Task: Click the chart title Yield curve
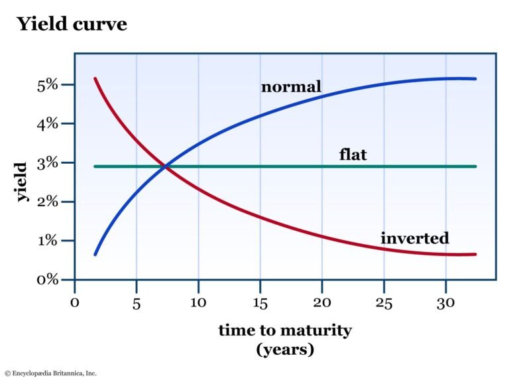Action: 72,25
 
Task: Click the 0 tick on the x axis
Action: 75,303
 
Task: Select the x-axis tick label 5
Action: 136,303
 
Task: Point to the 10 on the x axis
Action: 198,303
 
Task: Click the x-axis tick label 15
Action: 260,303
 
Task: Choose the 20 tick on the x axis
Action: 322,303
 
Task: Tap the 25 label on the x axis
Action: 384,303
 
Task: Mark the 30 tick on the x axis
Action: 445,303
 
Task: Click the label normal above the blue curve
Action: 291,87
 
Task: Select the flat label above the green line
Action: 353,156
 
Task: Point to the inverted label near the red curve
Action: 415,238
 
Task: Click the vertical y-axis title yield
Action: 22,182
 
